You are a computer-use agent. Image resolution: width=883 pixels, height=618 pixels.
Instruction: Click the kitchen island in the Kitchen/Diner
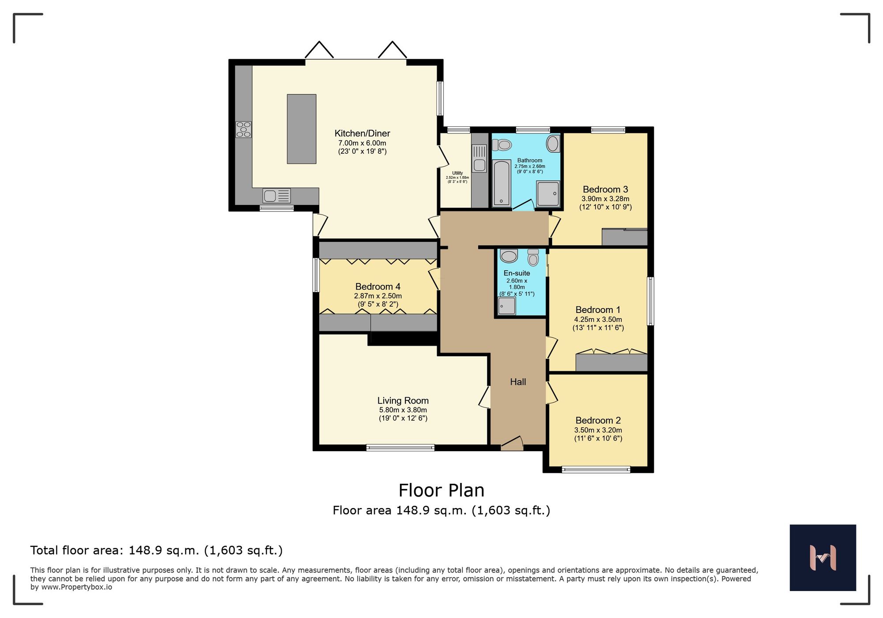pos(302,129)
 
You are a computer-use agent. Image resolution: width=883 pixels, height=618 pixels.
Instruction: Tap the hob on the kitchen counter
pos(243,129)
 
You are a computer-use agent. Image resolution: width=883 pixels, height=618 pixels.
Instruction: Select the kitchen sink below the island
pos(276,196)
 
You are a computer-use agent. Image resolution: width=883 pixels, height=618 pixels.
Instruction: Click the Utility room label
pos(457,173)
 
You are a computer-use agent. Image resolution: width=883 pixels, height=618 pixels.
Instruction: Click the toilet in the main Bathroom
pos(502,145)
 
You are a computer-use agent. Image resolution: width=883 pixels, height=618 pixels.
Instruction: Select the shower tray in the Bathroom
pos(548,193)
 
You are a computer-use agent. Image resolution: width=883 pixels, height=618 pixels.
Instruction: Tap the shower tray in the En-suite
pos(506,306)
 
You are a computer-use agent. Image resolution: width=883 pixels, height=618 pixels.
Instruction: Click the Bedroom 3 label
pos(605,189)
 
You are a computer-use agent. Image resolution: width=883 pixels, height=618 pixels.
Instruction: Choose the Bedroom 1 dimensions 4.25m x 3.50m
pos(598,320)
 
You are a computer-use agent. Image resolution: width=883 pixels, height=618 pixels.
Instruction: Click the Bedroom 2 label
pos(598,420)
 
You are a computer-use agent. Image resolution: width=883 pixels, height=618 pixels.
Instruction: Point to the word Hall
pos(518,382)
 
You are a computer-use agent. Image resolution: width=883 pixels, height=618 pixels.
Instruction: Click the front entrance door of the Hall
pos(512,444)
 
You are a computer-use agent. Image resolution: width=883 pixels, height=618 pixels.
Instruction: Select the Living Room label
pos(403,400)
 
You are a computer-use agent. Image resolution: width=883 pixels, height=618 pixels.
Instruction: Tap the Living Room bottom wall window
pos(400,448)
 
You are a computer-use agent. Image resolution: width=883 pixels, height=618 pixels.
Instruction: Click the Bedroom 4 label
pos(377,286)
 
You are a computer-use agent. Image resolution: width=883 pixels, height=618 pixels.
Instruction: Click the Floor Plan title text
pos(441,490)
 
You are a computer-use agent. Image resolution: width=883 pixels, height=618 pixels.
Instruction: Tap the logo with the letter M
pos(823,558)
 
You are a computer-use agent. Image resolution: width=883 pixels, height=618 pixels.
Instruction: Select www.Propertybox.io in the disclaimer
pos(76,587)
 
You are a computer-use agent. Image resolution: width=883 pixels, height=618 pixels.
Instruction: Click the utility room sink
pos(479,158)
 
